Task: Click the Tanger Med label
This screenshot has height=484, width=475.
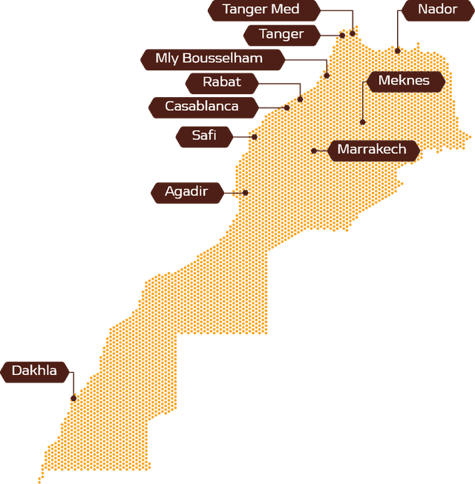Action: [x=261, y=10]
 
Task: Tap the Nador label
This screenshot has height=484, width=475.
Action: [x=437, y=10]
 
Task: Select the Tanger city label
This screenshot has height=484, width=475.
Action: [x=281, y=34]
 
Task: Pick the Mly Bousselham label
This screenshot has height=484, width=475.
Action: [x=209, y=59]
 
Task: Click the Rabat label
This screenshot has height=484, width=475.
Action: [x=221, y=82]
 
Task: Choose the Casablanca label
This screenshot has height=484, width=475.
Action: [x=202, y=107]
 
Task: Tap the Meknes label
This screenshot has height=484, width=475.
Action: [x=403, y=81]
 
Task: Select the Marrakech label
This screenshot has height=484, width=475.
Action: [x=372, y=150]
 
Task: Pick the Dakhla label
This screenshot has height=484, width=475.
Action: [x=34, y=371]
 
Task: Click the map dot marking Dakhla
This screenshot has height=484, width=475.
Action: [x=73, y=398]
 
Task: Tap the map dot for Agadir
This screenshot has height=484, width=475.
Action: [x=245, y=192]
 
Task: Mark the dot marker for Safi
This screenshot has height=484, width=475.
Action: [x=254, y=136]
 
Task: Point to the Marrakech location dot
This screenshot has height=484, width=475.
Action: [x=314, y=150]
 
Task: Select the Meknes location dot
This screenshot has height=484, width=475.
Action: [x=362, y=122]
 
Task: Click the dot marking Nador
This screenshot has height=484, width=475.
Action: [x=398, y=50]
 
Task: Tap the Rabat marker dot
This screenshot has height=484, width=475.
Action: [x=300, y=99]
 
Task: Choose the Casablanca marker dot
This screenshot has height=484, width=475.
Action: [x=286, y=107]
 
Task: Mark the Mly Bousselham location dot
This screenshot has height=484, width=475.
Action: [x=327, y=75]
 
